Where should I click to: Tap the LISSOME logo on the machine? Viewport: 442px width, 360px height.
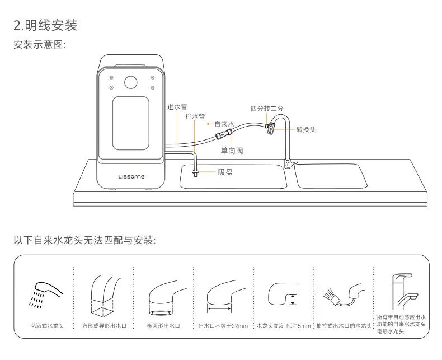click(131, 176)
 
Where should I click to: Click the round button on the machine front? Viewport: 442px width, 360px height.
click(131, 82)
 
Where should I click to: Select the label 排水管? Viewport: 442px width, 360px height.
click(195, 116)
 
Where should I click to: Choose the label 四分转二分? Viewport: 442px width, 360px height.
click(267, 108)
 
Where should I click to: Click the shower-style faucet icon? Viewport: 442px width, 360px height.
click(43, 294)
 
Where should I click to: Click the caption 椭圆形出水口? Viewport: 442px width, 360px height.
click(163, 325)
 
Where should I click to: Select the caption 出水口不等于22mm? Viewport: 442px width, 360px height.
click(223, 325)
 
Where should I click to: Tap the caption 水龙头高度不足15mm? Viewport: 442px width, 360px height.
click(283, 325)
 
